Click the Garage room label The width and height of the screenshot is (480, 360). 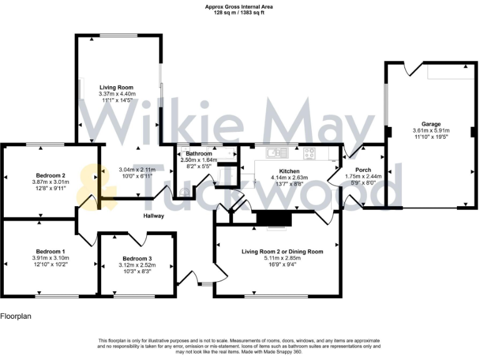[431, 124]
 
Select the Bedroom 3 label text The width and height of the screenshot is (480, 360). [137, 258]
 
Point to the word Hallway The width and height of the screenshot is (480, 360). [152, 216]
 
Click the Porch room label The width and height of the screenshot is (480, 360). [362, 170]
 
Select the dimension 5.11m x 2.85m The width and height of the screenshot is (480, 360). [282, 258]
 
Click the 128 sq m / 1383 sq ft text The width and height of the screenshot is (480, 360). [239, 12]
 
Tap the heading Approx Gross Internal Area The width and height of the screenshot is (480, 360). [239, 6]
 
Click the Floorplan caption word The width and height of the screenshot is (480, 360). [15, 316]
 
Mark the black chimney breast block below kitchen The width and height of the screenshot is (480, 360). [274, 217]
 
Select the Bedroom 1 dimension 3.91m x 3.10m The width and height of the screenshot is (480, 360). [51, 257]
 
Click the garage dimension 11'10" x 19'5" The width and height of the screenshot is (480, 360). [431, 137]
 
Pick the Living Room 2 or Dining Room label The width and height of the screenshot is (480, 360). [282, 251]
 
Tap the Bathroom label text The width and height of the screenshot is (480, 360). [196, 153]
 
